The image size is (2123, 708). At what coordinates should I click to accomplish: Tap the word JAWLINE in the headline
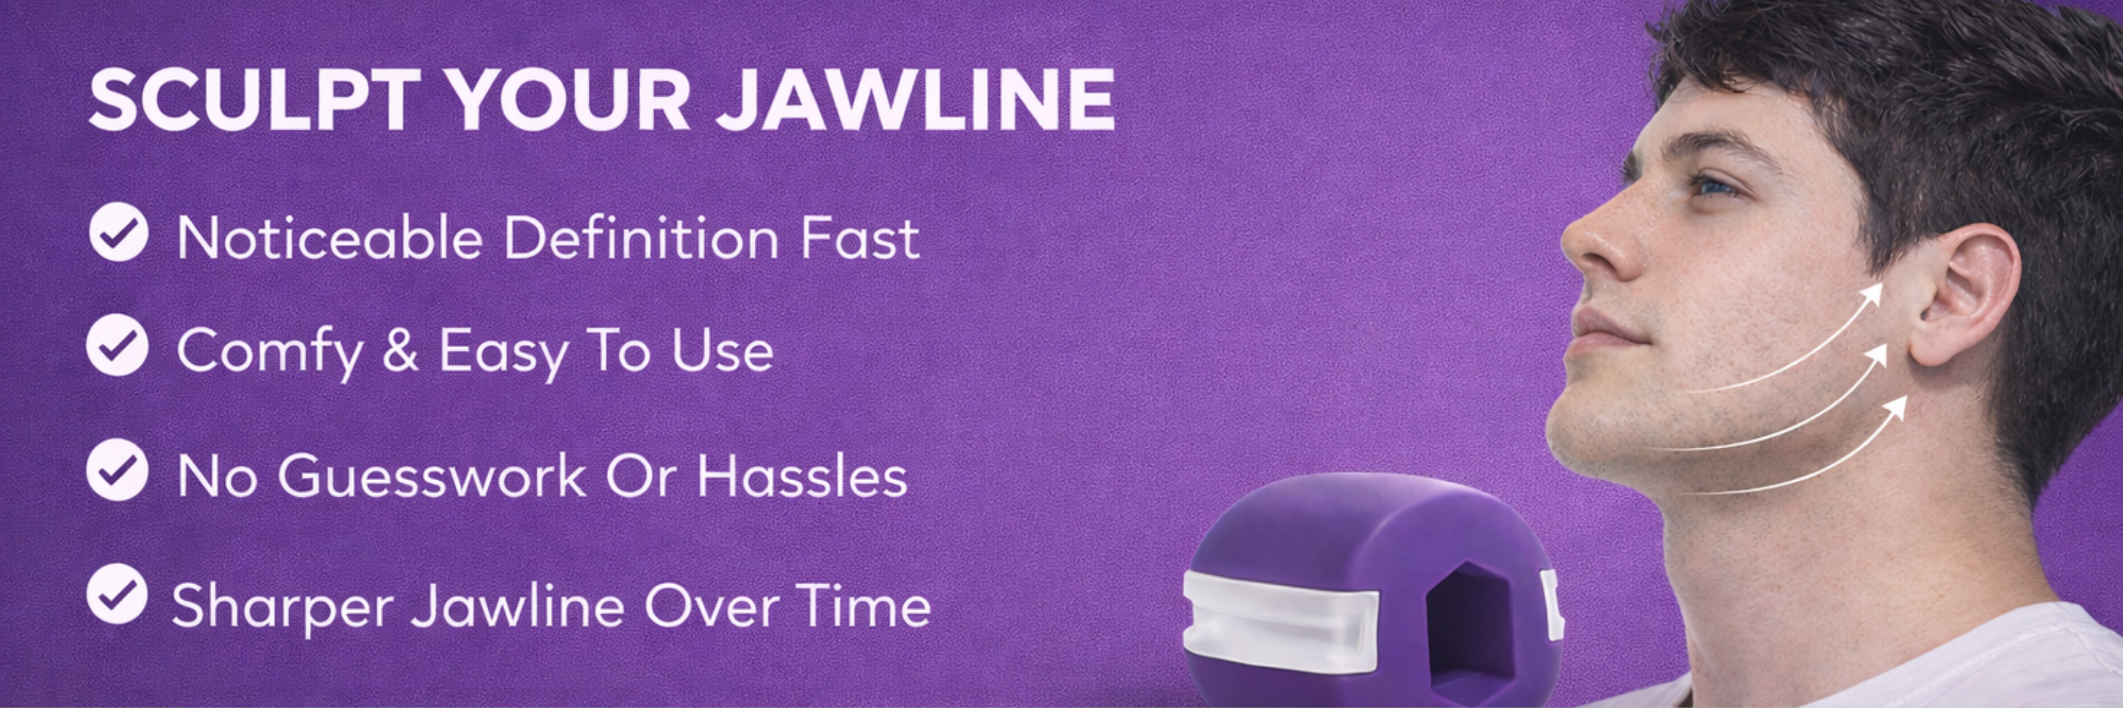tap(915, 100)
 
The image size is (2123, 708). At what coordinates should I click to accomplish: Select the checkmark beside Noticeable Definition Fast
tap(118, 232)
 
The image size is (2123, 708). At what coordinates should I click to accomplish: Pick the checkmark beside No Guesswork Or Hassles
tap(118, 469)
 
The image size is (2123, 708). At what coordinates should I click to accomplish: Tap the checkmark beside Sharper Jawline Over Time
tap(117, 593)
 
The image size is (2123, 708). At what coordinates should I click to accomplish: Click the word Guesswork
tap(432, 476)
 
